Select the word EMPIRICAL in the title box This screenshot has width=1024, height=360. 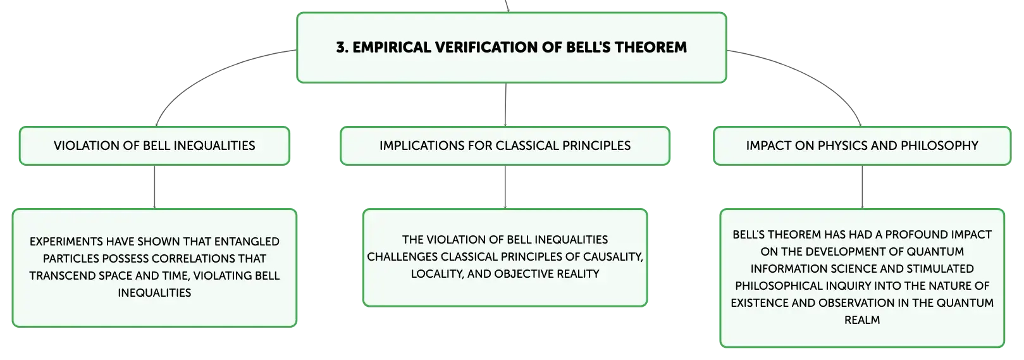pyautogui.click(x=392, y=47)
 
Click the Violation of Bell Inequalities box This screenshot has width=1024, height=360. pyautogui.click(x=154, y=146)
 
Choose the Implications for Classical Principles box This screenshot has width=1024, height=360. pyautogui.click(x=505, y=146)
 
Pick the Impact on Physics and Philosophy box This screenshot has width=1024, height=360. pyautogui.click(x=862, y=146)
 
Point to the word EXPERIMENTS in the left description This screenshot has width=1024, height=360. pyautogui.click(x=66, y=242)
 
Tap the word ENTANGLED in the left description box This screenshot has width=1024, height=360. pyautogui.click(x=247, y=242)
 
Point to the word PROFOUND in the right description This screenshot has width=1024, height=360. pyautogui.click(x=916, y=235)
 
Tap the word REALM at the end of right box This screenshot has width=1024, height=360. pyautogui.click(x=862, y=320)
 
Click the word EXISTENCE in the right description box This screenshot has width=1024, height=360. pyautogui.click(x=760, y=303)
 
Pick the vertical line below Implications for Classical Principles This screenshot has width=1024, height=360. pyautogui.click(x=505, y=187)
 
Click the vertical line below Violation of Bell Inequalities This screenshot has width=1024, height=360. pyautogui.click(x=154, y=187)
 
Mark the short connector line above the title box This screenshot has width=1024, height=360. pyautogui.click(x=507, y=6)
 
